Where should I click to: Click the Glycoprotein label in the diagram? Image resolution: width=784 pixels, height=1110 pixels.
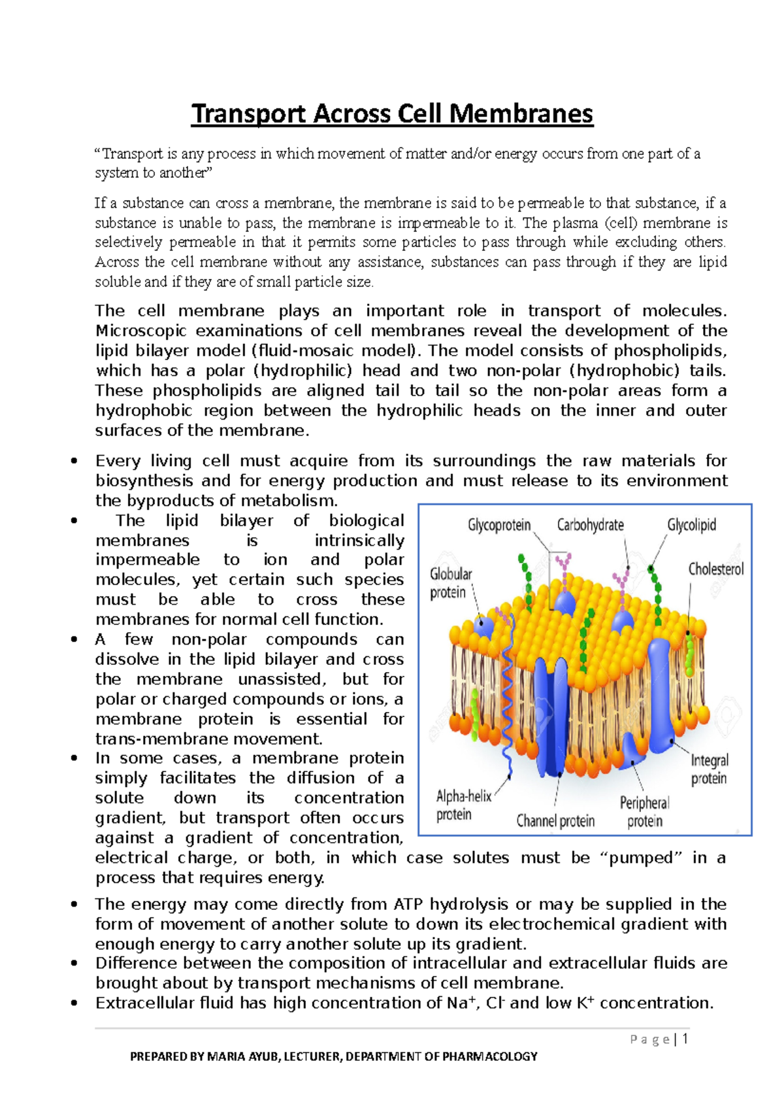(499, 525)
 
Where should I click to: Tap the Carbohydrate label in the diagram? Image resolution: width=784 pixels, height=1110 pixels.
(590, 525)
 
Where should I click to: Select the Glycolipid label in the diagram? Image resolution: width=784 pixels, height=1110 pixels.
(691, 525)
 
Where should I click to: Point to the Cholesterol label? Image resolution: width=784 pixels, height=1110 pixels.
(715, 569)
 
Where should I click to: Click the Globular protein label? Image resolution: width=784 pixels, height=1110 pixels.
(449, 583)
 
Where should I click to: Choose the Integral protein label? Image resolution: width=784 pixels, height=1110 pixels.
(710, 769)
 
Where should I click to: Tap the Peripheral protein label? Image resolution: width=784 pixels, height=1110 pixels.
(644, 811)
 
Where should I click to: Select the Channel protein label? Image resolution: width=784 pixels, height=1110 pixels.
(555, 821)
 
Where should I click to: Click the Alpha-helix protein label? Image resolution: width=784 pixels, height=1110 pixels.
(463, 805)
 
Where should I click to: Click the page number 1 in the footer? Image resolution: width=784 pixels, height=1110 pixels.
(685, 1039)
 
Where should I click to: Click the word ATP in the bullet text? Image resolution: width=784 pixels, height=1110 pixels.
(408, 904)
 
